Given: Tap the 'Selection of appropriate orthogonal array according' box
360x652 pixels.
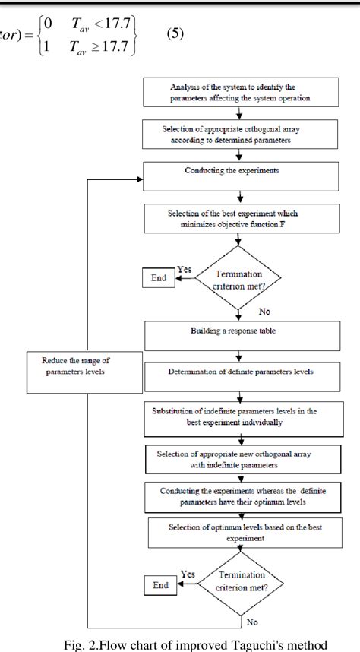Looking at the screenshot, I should click(x=239, y=135).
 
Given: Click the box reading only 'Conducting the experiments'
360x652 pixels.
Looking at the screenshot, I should click(x=239, y=172).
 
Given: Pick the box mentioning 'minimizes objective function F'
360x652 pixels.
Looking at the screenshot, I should click(x=239, y=218).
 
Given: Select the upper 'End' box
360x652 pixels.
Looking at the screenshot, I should click(x=159, y=278).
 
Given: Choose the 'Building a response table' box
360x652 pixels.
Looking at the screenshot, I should click(x=239, y=334).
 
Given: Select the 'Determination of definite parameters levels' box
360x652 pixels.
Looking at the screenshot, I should click(x=239, y=374).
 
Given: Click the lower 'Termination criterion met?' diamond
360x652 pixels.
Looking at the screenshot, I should click(x=239, y=586).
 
